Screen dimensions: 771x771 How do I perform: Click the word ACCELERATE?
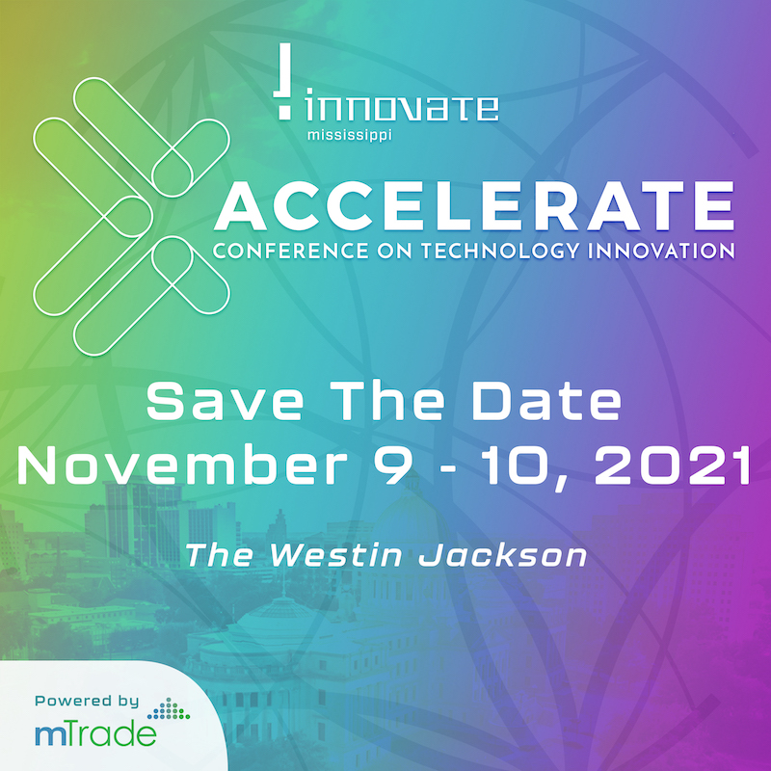click(474, 205)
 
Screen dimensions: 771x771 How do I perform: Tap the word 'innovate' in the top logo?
click(402, 108)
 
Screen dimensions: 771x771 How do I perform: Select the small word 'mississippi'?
click(350, 135)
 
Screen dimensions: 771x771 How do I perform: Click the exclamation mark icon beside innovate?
click(284, 81)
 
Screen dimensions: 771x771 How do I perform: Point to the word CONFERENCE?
click(291, 251)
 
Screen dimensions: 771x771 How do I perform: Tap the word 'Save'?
click(225, 402)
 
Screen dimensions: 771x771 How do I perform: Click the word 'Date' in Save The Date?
click(545, 402)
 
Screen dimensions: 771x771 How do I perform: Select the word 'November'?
click(182, 465)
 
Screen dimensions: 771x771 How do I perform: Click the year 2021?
click(672, 465)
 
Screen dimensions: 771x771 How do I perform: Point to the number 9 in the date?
click(392, 465)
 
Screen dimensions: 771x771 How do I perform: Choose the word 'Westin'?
click(335, 555)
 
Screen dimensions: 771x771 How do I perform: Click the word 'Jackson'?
click(502, 555)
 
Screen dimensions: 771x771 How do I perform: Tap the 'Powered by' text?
click(87, 702)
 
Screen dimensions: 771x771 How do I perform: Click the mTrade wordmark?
click(95, 734)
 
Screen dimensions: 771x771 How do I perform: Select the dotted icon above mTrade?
click(169, 708)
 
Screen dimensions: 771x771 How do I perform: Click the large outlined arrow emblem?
click(131, 216)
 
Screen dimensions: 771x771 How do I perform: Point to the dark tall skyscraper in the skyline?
click(142, 523)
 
